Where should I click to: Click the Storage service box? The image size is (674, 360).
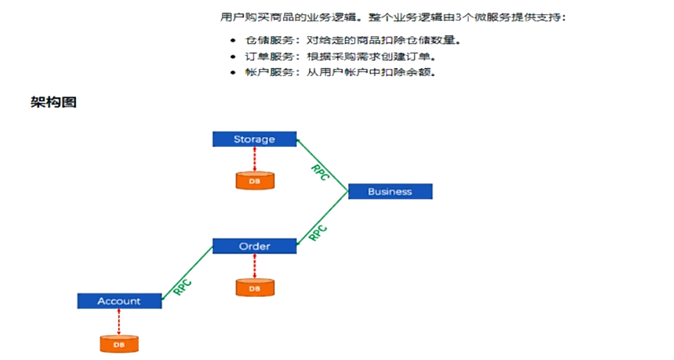pos(254,139)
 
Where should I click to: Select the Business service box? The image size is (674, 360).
pos(390,191)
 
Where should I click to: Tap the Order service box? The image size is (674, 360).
pos(254,246)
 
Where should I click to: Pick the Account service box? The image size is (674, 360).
pos(119,301)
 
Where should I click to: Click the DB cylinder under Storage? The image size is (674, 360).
pos(255,181)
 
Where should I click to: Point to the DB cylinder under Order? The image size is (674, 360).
pos(255,288)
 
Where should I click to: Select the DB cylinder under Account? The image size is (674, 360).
pos(119,344)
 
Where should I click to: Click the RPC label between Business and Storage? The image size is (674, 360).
pos(320,173)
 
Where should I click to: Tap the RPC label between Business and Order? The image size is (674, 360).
pos(318,232)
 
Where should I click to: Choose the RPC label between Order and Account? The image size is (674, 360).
pos(182,287)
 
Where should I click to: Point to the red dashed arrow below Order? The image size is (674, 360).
pos(255,266)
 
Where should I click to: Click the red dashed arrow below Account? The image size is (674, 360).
pos(119,321)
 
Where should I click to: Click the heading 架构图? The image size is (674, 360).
pos(53,102)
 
